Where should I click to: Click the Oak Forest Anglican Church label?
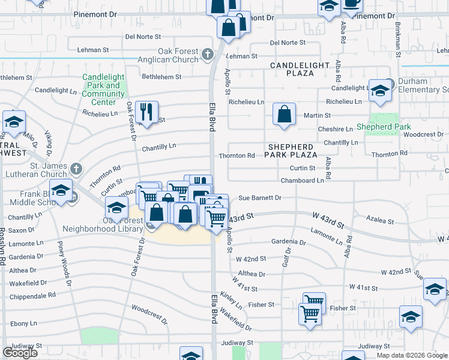pos(178,56)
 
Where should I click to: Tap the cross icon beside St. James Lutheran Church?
pos(76,167)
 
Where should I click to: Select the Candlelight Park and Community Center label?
pos(103,90)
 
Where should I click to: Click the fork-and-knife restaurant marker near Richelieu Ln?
pos(146,111)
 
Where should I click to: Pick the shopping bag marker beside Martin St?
pos(285,113)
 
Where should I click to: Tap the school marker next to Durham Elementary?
pos(380,91)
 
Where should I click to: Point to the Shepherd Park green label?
pos(384,127)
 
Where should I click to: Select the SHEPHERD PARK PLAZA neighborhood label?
pos(291,151)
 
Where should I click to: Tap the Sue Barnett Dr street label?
pos(259,197)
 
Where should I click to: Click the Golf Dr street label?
pos(288,256)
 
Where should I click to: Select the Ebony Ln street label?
pos(23,323)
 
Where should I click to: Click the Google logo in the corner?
pos(20,353)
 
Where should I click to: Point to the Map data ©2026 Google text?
pos(412,355)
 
